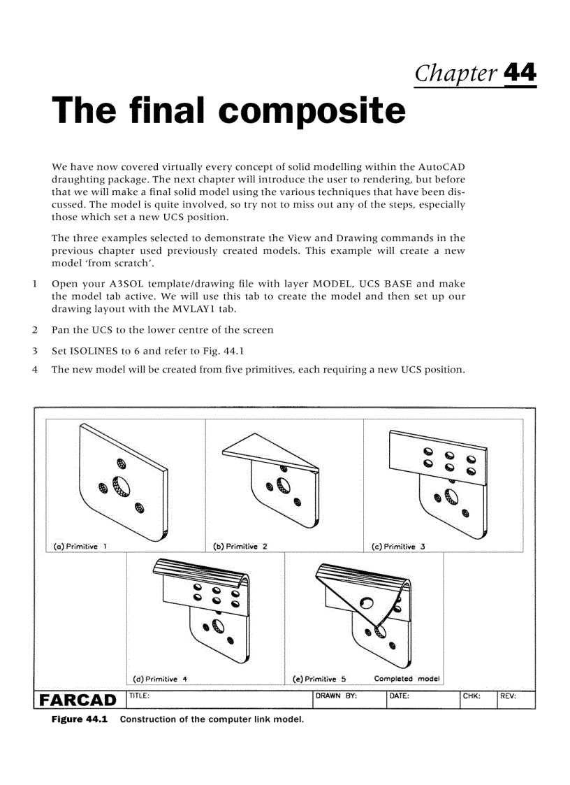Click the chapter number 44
pos(520,73)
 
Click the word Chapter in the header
pos(456,73)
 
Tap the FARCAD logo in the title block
pos(78,700)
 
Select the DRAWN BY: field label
pos(337,696)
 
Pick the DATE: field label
pos(400,696)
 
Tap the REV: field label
pos(508,696)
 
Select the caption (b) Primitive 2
pos(240,547)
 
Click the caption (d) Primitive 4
pos(160,678)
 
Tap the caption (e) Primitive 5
pos(319,679)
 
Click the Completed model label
pos(407,678)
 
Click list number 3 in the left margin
pos(34,351)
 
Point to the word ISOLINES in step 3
pos(96,351)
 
